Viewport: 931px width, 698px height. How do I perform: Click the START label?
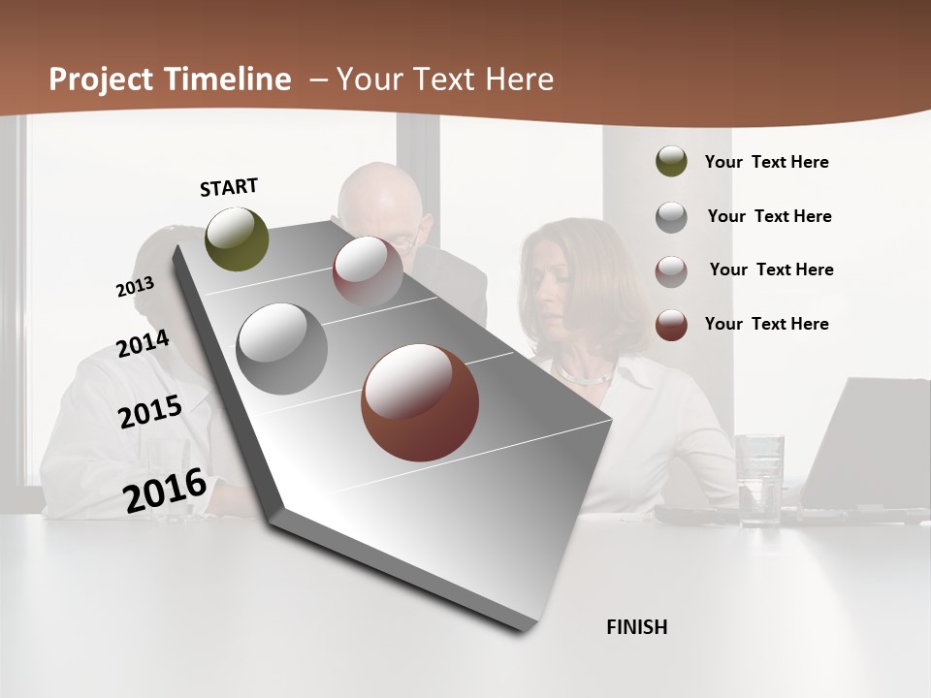[x=229, y=187]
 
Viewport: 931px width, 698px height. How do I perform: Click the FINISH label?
[x=637, y=627]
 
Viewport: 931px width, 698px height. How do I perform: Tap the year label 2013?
[x=135, y=287]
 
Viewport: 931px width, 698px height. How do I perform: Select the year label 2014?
[x=143, y=344]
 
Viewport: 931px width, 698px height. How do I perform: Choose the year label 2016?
[x=165, y=491]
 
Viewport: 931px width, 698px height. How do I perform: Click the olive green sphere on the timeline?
[x=238, y=238]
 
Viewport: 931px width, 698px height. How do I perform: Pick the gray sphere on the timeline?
[x=282, y=349]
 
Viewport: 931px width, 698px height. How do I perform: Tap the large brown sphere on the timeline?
[x=420, y=402]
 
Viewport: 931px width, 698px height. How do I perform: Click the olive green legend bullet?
[x=671, y=162]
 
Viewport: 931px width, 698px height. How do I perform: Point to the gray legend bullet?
[x=671, y=217]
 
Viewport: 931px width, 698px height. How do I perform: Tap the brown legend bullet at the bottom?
[x=671, y=325]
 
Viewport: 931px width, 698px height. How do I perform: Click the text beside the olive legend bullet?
[x=766, y=162]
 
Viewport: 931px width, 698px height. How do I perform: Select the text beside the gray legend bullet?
[x=769, y=216]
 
